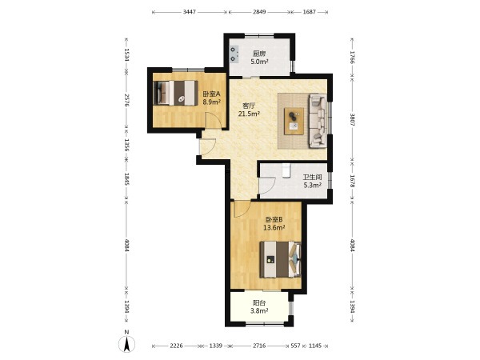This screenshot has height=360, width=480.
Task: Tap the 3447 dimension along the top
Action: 189,12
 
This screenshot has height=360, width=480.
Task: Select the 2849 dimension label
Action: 259,12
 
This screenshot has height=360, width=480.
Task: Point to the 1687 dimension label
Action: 309,12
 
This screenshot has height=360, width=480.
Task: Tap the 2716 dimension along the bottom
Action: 259,346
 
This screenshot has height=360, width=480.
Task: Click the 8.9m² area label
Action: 212,102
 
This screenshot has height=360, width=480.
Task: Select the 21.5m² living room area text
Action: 249,114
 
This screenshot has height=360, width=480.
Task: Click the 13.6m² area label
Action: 274,227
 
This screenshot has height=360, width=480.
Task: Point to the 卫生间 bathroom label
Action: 312,177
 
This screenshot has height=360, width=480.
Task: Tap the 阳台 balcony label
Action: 259,302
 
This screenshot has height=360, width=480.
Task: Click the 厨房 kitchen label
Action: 259,54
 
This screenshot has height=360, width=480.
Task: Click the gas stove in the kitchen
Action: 234,54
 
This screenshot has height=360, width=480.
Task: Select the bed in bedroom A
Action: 175,93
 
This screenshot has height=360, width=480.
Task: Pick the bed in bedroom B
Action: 280,259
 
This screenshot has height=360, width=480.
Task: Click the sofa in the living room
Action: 318,121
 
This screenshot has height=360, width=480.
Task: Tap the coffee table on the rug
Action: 294,122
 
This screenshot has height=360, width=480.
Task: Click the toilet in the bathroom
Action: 286,171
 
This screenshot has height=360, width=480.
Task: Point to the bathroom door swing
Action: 266,186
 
